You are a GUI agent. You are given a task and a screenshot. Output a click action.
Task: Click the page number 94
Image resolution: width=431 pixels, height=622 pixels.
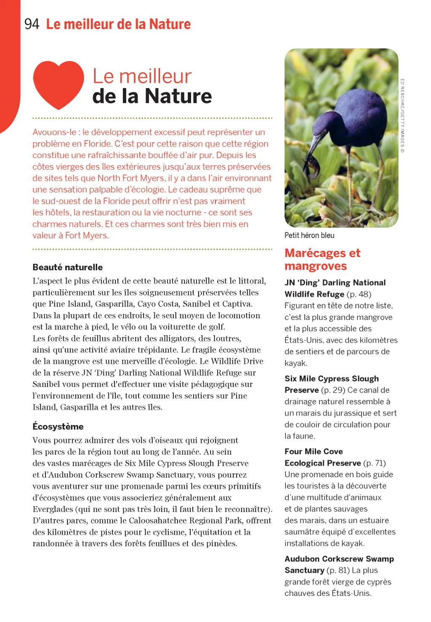(32, 24)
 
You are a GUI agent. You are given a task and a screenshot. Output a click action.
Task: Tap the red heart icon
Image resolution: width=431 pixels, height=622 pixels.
(59, 84)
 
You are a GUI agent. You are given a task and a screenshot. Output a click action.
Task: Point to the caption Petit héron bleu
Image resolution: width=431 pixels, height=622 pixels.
(309, 235)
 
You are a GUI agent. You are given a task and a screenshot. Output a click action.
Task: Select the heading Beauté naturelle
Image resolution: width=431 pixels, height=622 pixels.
(67, 267)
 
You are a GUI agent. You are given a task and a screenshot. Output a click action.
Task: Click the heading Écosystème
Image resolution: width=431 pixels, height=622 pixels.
(58, 427)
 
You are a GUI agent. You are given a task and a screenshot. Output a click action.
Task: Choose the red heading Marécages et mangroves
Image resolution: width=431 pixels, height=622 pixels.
(322, 259)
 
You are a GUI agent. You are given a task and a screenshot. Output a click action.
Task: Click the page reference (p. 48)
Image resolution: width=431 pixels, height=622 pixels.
(359, 294)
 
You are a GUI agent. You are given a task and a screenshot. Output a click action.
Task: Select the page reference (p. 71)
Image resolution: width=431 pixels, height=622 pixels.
(375, 463)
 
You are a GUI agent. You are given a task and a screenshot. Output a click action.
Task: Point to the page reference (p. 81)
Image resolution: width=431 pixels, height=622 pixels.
(338, 570)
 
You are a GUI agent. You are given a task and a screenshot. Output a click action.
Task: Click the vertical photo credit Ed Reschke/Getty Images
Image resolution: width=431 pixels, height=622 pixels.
(402, 116)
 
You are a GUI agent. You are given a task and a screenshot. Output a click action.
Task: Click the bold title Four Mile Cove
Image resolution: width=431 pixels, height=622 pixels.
(314, 451)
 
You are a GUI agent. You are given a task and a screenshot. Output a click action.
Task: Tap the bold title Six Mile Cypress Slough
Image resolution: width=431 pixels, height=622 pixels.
(331, 379)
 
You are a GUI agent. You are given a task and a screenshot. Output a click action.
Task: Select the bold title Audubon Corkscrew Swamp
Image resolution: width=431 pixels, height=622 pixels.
(339, 559)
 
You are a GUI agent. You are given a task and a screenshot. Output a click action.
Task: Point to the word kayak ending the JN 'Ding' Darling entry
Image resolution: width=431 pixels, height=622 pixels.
(295, 363)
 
